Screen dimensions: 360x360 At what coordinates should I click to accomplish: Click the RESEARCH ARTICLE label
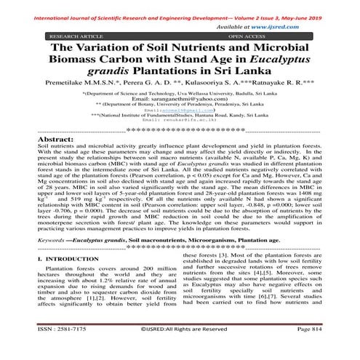point(75,34)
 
